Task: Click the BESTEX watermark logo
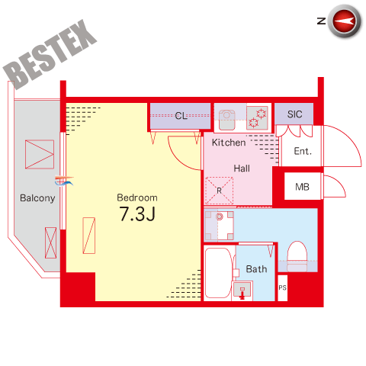50,54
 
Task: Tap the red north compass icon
345,21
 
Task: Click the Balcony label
37,198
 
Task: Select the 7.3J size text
137,213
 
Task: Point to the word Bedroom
137,197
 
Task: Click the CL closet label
181,116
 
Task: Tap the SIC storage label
295,114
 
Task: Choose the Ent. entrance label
303,151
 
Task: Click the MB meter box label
302,187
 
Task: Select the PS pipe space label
282,287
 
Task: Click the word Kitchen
229,143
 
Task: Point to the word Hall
242,169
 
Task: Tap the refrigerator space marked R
219,191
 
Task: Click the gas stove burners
257,118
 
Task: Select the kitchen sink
227,119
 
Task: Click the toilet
297,256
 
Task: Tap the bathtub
219,273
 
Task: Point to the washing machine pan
219,226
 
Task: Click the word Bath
256,269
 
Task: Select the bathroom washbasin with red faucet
242,291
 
